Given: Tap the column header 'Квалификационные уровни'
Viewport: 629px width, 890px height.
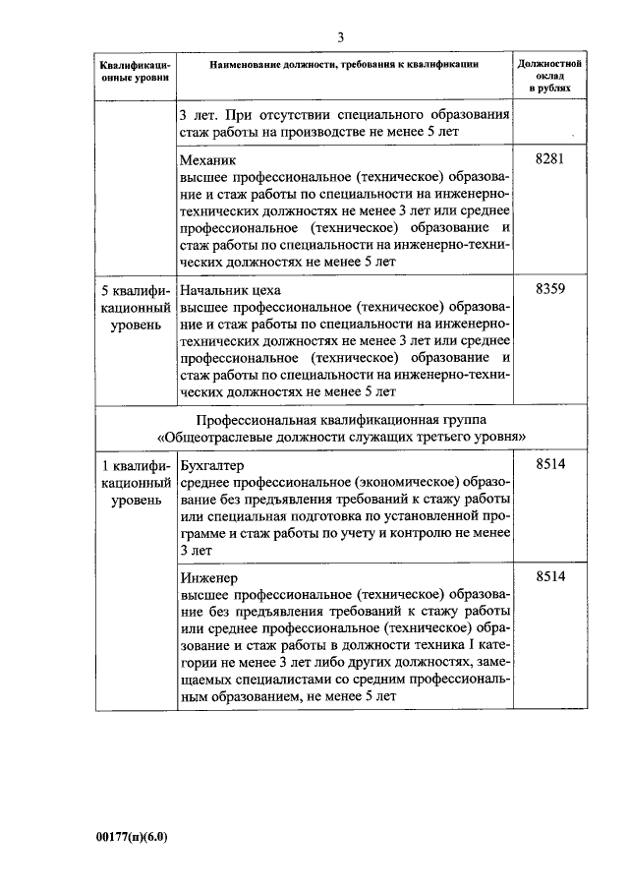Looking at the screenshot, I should coord(136,71).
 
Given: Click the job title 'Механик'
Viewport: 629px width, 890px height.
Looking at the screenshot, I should coord(209,158).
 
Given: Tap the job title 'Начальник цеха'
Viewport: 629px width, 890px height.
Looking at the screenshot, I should coord(231,291).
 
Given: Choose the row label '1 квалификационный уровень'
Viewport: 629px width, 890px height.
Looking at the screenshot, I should coord(136,482).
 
